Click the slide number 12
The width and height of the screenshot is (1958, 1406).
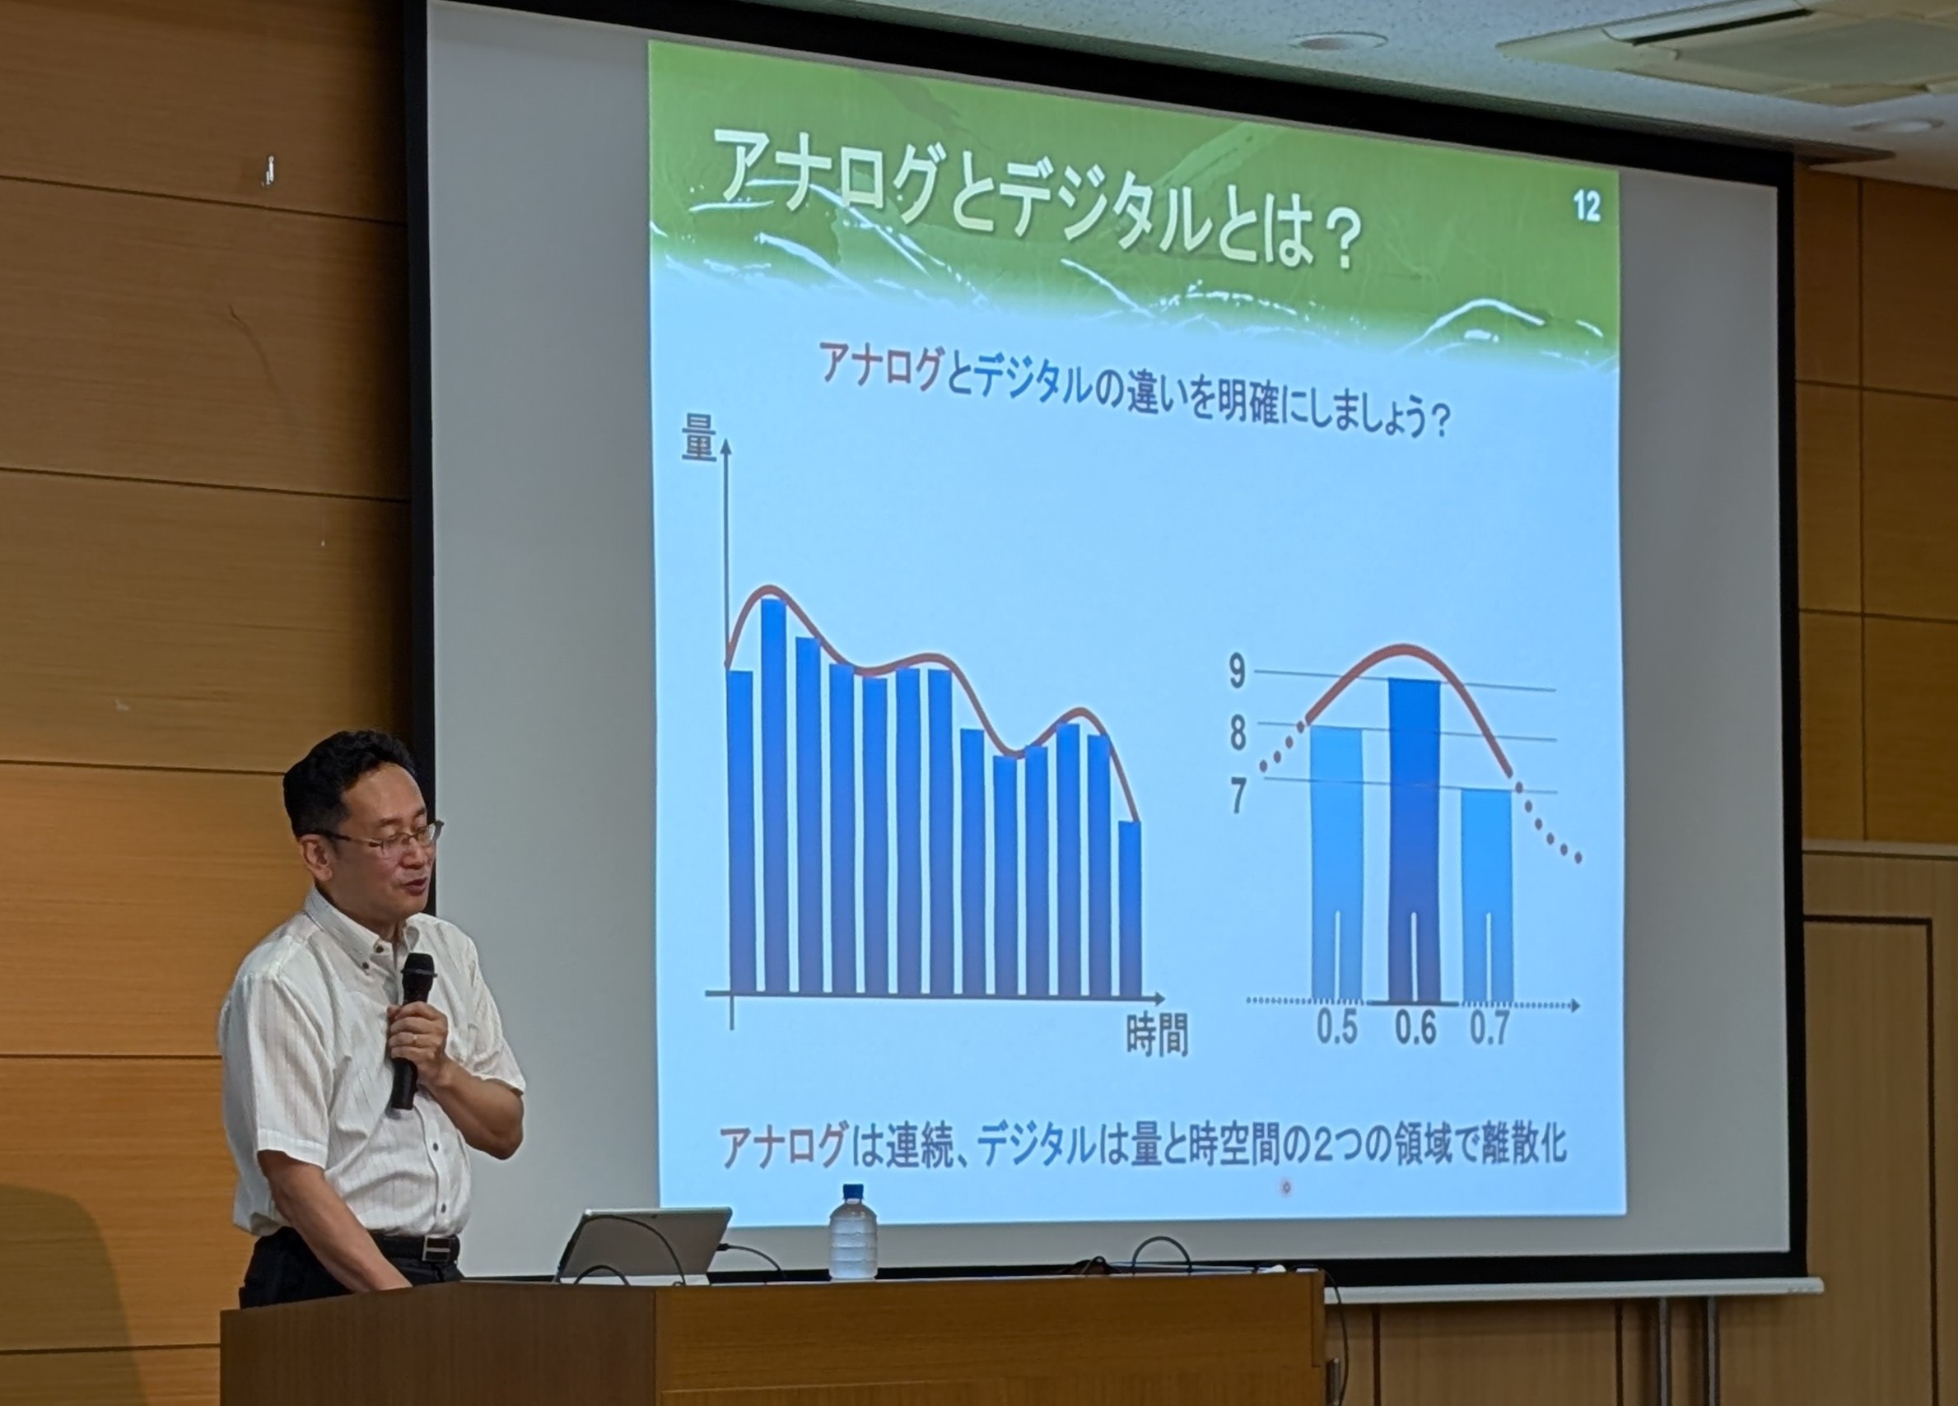(x=1586, y=207)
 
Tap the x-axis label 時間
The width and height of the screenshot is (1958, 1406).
(x=1157, y=1035)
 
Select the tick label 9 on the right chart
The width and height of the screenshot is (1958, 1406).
(x=1238, y=673)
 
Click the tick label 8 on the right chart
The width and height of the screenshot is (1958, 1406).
(x=1238, y=733)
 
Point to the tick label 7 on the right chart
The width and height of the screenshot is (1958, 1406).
(x=1238, y=795)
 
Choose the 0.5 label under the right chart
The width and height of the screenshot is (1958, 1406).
(x=1336, y=1028)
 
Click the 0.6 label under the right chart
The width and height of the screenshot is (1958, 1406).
(x=1415, y=1029)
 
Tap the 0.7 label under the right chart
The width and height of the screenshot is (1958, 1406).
(x=1489, y=1030)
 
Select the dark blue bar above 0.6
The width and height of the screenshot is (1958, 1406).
(x=1415, y=840)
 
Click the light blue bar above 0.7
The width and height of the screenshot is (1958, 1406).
(x=1487, y=894)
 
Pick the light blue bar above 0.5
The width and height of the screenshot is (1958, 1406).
(x=1336, y=863)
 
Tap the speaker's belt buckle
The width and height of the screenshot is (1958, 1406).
(x=441, y=1247)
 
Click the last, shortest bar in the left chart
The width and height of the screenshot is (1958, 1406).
(x=1130, y=908)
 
